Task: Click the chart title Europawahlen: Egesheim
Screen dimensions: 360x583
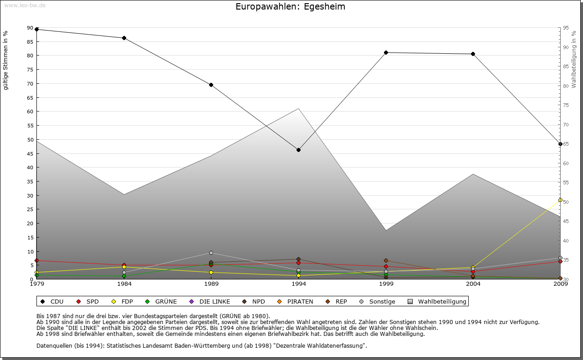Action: (x=290, y=7)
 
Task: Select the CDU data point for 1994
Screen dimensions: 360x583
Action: (x=298, y=150)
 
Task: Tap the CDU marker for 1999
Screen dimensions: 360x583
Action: (x=386, y=52)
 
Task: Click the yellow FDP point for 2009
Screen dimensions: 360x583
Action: (x=560, y=200)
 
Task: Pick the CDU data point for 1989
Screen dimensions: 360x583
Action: (x=211, y=85)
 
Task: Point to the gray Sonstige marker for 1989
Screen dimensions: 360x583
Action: (x=211, y=253)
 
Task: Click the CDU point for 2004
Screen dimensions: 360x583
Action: (x=473, y=54)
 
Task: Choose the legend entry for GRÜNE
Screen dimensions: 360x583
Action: (x=162, y=301)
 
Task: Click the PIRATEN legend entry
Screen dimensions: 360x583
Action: (x=296, y=301)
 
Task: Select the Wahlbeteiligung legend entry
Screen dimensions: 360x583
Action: (x=438, y=301)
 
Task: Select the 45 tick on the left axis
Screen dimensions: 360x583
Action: (x=30, y=153)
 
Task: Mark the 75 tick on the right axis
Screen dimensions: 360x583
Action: (x=565, y=105)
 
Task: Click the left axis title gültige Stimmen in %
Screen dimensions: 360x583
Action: (x=6, y=61)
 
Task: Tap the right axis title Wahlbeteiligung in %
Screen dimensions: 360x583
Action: (x=573, y=60)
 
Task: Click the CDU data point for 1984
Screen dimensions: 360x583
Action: (x=124, y=38)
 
